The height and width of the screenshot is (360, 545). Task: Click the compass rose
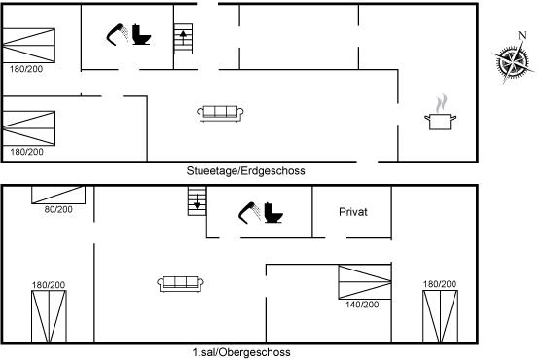[x=513, y=62]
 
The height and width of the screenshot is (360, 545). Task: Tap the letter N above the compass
[x=522, y=35]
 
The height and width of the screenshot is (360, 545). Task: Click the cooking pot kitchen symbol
[x=440, y=112]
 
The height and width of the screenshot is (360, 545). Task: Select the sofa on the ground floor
[x=220, y=114]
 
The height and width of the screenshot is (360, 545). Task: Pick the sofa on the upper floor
[x=180, y=284]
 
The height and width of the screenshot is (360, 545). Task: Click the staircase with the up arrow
[x=183, y=39]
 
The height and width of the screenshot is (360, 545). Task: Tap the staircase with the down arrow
[x=197, y=200]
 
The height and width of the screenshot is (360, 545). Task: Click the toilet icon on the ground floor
[x=141, y=34]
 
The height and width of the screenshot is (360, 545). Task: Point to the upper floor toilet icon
[x=273, y=212]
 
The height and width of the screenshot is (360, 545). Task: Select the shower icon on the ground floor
[x=118, y=34]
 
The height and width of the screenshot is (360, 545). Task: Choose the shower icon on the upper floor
[x=249, y=212]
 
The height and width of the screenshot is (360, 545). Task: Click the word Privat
[x=353, y=212]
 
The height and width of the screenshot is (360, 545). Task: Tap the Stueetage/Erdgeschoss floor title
[x=245, y=170]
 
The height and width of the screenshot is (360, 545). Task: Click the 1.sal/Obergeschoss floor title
[x=241, y=352]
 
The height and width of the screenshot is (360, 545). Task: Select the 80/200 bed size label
[x=58, y=209]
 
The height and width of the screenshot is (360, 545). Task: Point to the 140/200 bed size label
[x=362, y=305]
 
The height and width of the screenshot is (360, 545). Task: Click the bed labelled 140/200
[x=365, y=282]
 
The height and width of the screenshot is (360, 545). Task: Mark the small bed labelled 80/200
[x=58, y=195]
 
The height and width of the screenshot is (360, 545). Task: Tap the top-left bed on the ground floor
[x=28, y=46]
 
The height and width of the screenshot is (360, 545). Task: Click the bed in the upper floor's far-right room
[x=440, y=316]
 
